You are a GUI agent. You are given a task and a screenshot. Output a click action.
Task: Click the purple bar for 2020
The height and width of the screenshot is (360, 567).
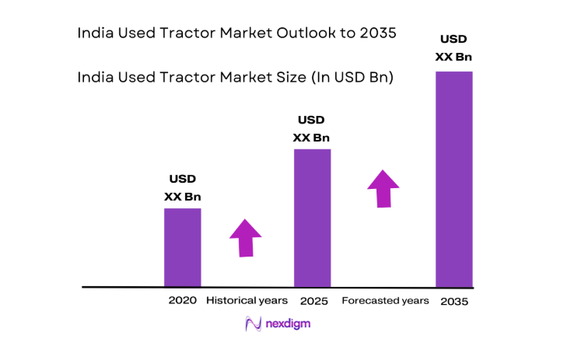[x=182, y=247]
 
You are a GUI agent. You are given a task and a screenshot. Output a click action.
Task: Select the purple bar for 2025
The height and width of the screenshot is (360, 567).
[x=312, y=218]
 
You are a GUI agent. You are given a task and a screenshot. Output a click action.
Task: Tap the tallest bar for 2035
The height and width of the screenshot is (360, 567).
[x=453, y=179]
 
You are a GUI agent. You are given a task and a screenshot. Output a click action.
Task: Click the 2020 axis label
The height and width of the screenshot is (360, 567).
[x=182, y=300]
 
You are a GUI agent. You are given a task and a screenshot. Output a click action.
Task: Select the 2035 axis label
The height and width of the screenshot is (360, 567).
[x=453, y=301]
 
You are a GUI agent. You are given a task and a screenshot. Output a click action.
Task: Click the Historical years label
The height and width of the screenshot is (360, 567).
[x=247, y=300]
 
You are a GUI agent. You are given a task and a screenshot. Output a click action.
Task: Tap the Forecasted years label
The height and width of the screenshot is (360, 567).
[x=385, y=300]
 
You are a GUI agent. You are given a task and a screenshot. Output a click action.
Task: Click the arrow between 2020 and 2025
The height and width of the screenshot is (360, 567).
[x=246, y=238]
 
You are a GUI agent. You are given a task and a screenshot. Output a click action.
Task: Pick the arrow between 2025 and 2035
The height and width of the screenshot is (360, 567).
[x=383, y=188]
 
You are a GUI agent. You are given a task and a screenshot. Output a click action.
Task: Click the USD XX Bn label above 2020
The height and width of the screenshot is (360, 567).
[x=182, y=189]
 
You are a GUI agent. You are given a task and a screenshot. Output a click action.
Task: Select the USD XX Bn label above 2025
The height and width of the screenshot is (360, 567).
[x=311, y=129]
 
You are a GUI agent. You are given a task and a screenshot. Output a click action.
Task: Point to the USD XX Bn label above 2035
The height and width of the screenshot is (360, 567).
[x=454, y=47]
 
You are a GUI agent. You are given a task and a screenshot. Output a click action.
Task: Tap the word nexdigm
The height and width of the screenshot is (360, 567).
[x=289, y=323]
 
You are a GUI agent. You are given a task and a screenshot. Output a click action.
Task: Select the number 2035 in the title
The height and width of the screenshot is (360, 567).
[x=379, y=33]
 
